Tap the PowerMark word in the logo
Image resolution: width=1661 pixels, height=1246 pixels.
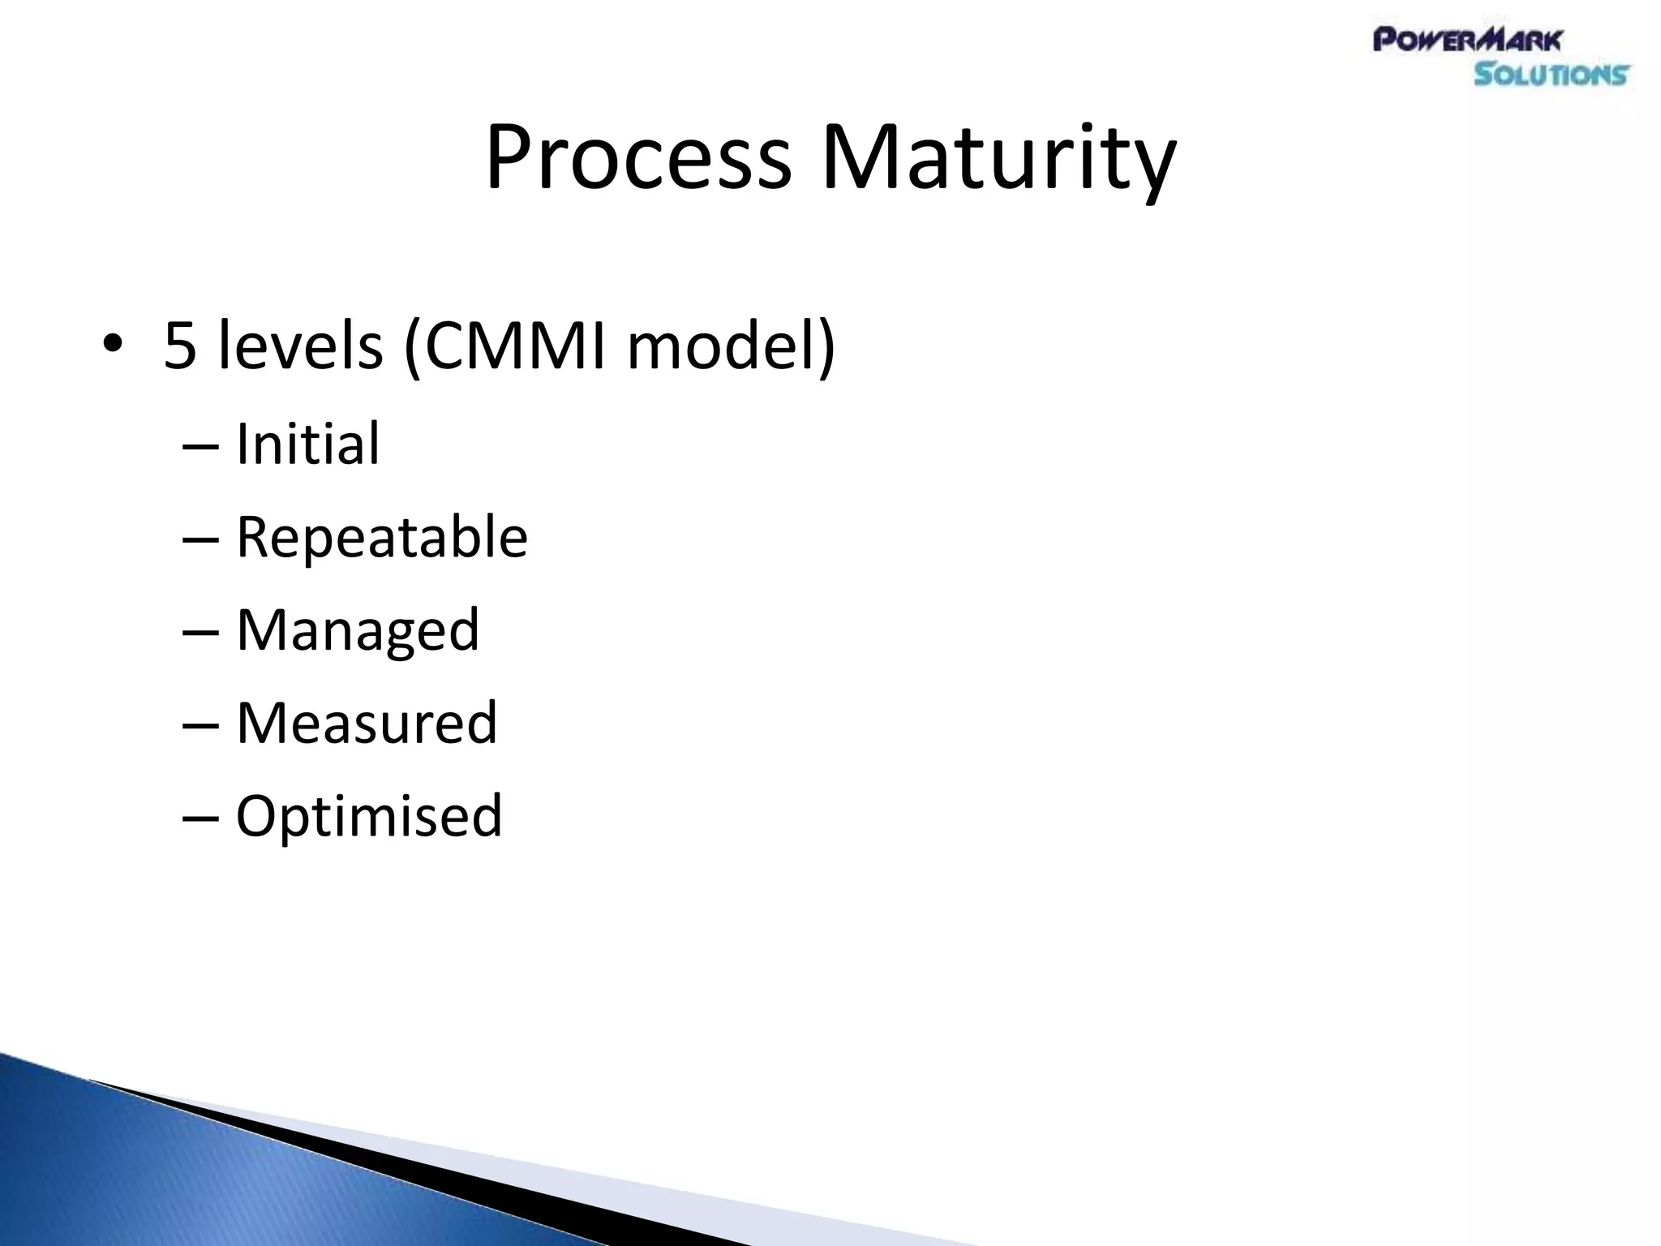1466,40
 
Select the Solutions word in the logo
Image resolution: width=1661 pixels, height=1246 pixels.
1551,75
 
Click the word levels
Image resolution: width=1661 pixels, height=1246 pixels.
300,346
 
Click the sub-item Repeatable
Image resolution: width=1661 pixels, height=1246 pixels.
381,537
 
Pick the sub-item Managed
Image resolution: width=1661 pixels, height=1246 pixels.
358,630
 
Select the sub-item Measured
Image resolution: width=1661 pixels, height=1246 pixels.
366,723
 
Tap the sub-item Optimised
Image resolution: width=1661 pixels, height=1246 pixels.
369,815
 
